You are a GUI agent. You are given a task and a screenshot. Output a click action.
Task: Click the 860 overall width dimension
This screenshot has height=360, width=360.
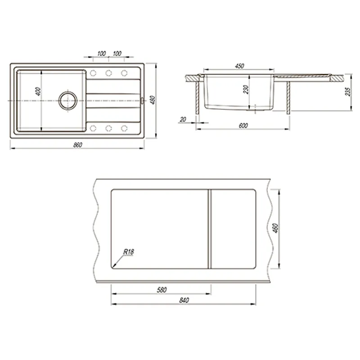77,145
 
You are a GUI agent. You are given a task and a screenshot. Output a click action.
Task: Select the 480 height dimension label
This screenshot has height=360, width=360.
153,100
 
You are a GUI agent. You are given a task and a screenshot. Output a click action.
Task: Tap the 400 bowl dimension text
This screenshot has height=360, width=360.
38,91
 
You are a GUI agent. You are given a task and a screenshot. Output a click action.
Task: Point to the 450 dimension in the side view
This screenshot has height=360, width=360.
239,66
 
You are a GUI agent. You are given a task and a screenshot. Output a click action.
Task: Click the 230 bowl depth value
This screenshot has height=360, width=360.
246,89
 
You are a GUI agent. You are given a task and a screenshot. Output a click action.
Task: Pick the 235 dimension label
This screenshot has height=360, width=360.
348,92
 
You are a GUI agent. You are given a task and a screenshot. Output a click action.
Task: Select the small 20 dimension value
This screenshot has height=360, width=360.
183,119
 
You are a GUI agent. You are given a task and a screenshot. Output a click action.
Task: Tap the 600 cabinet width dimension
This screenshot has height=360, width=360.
243,126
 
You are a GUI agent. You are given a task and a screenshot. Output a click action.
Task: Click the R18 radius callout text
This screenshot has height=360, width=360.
129,252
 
